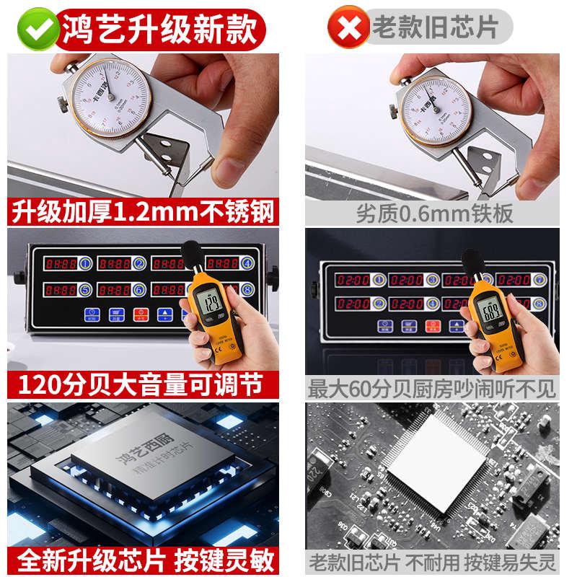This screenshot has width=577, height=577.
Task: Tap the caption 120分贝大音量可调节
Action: click(x=143, y=385)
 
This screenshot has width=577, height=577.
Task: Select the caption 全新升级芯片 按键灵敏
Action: click(x=143, y=560)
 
